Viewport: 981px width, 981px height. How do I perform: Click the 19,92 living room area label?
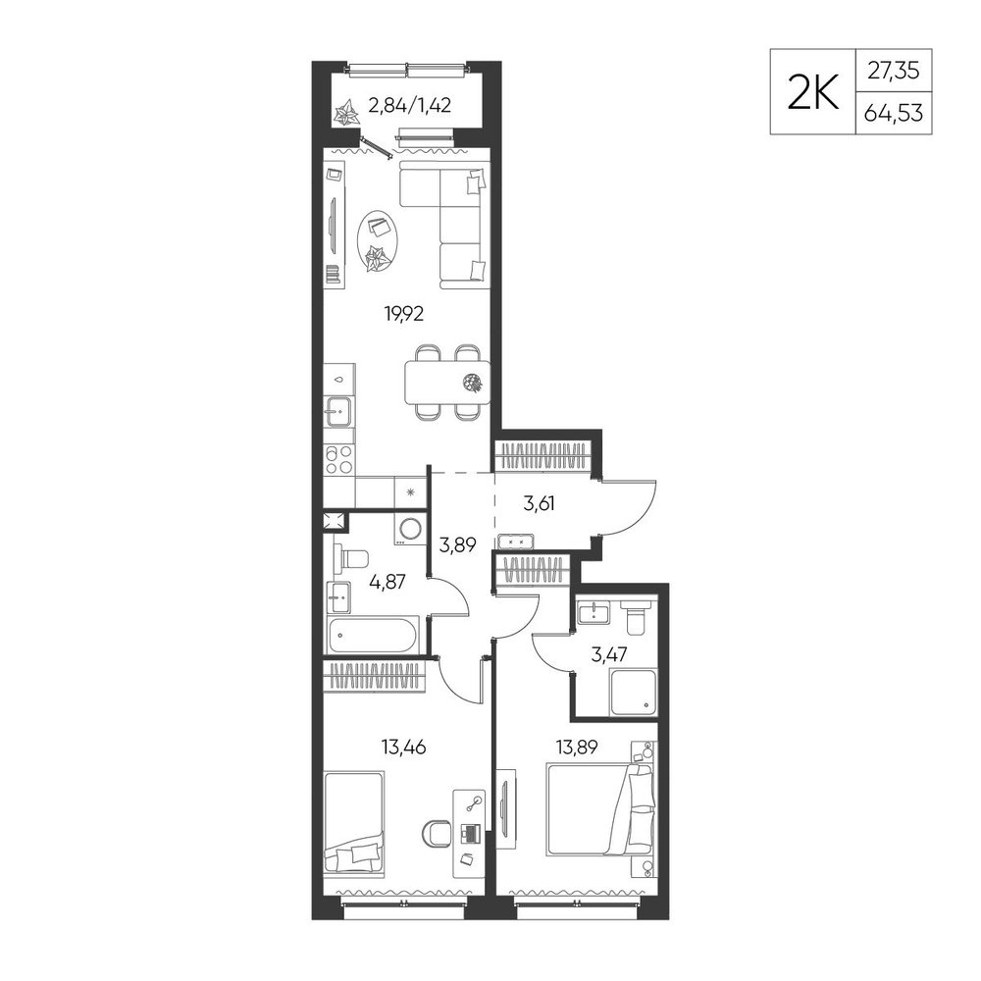pyautogui.click(x=403, y=314)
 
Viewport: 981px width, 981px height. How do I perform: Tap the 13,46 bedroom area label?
pyautogui.click(x=403, y=747)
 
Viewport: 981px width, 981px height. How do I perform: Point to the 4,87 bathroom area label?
pyautogui.click(x=387, y=583)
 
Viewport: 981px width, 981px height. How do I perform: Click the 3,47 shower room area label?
pyautogui.click(x=609, y=655)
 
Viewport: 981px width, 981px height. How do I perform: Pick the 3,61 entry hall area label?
pyautogui.click(x=540, y=503)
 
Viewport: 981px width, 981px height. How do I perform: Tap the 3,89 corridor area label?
pyautogui.click(x=458, y=544)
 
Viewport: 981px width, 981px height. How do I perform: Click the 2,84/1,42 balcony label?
pyautogui.click(x=410, y=105)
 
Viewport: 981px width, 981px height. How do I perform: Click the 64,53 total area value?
pyautogui.click(x=894, y=114)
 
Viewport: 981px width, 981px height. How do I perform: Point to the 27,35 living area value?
pyautogui.click(x=894, y=71)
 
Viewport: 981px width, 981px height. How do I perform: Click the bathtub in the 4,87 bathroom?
pyautogui.click(x=372, y=636)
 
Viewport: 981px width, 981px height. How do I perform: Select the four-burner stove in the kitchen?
pyautogui.click(x=338, y=459)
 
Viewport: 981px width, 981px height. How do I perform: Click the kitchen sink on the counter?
pyautogui.click(x=338, y=413)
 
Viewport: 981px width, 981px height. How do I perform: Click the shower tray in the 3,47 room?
pyautogui.click(x=633, y=694)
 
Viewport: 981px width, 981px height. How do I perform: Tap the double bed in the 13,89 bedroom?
pyautogui.click(x=600, y=809)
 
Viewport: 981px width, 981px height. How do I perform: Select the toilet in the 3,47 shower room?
pyautogui.click(x=637, y=616)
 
